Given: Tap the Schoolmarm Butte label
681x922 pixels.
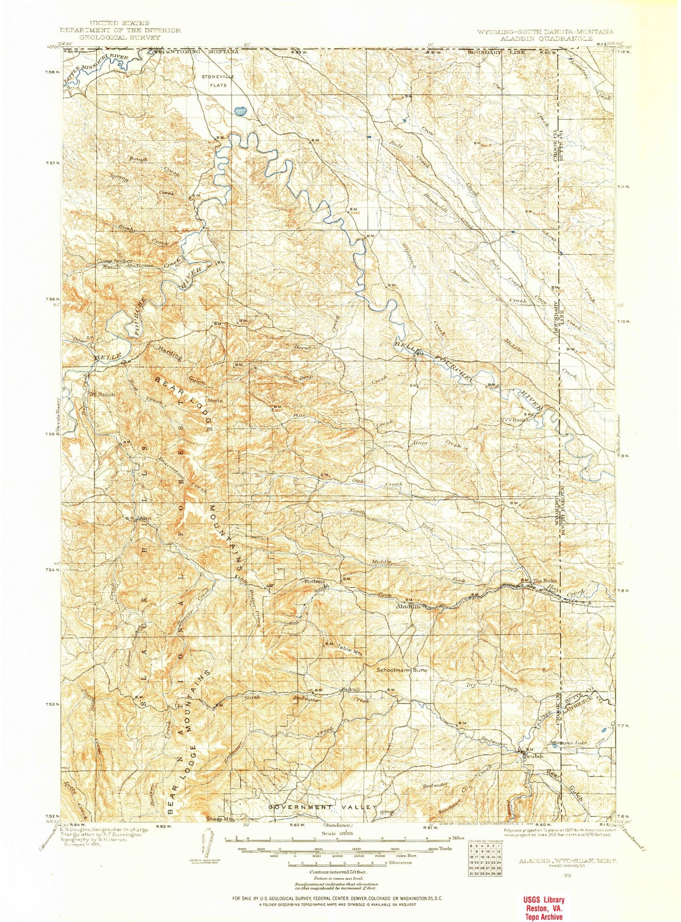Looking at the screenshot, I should [x=402, y=669].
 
